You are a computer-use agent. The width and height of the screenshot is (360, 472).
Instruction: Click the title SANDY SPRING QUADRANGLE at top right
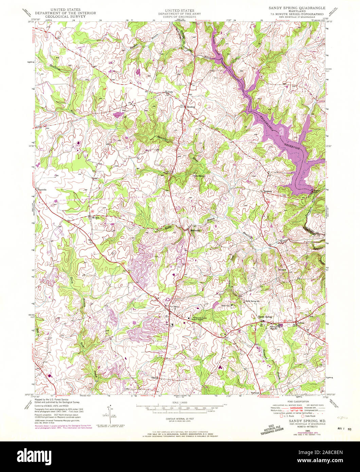pyautogui.click(x=297, y=8)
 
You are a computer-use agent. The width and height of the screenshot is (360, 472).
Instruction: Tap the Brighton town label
pyautogui.click(x=267, y=192)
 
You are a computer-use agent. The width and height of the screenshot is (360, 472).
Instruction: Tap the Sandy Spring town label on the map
pyautogui.click(x=265, y=316)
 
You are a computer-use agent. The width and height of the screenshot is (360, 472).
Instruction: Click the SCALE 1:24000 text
pyautogui.click(x=180, y=403)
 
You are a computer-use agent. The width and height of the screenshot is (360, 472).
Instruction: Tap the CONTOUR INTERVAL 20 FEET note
pyautogui.click(x=180, y=419)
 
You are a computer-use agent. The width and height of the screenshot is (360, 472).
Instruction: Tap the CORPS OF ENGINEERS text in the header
pyautogui.click(x=180, y=16)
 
